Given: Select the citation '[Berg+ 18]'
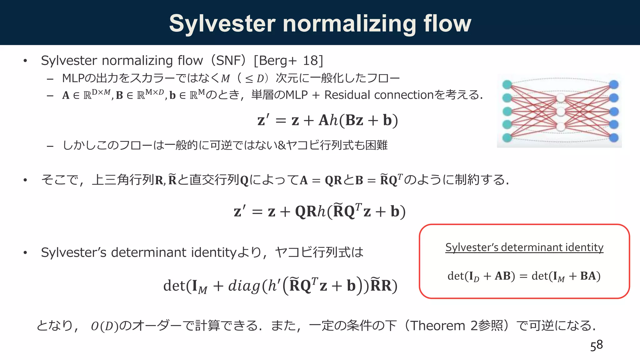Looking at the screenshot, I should (x=288, y=60).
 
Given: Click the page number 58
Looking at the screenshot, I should (x=596, y=345).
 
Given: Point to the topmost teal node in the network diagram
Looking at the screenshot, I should (x=507, y=84).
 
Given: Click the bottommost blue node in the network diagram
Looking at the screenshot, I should (x=614, y=137).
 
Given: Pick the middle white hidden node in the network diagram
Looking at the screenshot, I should (x=561, y=112).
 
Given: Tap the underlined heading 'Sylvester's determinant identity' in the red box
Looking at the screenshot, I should (x=524, y=247).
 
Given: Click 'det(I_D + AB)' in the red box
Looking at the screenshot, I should (x=481, y=276).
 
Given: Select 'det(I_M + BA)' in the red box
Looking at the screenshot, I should (x=566, y=276).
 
